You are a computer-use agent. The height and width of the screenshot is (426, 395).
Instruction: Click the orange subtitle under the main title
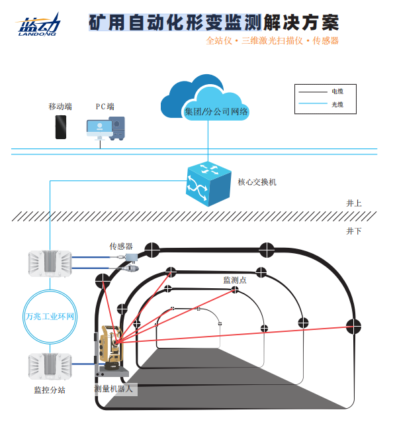[272, 41]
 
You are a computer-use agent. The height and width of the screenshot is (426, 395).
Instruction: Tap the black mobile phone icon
[61, 127]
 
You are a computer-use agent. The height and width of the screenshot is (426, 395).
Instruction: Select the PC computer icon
[105, 128]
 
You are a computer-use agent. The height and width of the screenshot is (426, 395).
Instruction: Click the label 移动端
[60, 106]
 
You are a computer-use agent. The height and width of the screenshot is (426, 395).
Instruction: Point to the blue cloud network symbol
[206, 100]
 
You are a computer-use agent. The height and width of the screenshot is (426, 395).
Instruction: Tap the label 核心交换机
[257, 182]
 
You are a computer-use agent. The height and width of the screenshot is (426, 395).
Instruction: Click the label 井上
[353, 203]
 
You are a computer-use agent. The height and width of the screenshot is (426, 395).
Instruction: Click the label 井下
[353, 231]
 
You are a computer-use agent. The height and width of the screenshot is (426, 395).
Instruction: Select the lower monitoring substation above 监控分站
[49, 367]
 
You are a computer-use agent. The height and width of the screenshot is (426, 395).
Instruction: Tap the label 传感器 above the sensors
[121, 246]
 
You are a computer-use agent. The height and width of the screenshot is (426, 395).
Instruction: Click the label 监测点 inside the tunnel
[235, 280]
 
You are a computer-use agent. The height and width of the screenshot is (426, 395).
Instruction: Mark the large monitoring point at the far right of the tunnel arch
[355, 326]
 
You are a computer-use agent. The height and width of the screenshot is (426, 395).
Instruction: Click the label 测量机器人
[114, 389]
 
